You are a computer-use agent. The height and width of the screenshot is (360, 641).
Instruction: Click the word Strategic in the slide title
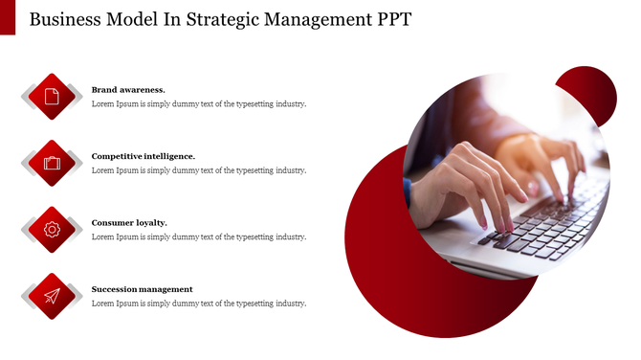pos(217,20)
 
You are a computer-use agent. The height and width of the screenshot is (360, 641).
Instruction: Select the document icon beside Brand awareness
pos(52,96)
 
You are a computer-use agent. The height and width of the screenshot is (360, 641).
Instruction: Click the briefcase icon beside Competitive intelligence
pos(52,163)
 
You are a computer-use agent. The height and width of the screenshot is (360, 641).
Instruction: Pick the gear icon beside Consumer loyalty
pos(52,229)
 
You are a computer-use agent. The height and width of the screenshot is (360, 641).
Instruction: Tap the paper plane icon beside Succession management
pos(52,296)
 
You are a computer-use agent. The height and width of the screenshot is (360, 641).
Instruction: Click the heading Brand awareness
pos(128,89)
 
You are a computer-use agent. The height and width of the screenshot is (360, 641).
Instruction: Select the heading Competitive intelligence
pos(144,155)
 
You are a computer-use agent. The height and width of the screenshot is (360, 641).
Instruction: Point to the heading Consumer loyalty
pos(129,222)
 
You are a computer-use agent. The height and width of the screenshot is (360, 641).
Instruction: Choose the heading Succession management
pos(142,288)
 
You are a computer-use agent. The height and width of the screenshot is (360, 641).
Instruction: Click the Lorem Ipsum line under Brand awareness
pos(199,103)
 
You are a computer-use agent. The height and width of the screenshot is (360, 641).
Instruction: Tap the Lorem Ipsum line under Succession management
pos(199,304)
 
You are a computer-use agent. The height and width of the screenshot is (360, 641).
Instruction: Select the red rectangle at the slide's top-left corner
pos(8,16)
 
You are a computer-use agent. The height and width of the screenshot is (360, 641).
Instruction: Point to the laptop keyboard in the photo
pos(555,225)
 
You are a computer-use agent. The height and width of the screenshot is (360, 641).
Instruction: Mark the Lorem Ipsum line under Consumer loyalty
pos(199,236)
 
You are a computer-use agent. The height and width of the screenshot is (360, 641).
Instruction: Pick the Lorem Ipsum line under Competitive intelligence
pos(199,170)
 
